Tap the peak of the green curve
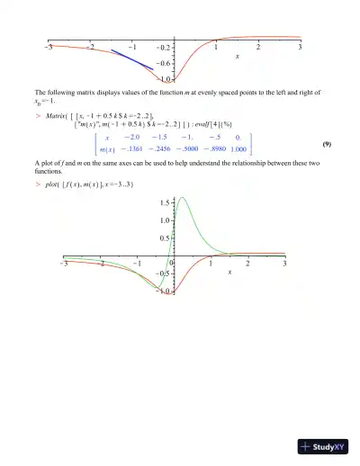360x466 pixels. click(183, 198)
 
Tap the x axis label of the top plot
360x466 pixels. click(238, 57)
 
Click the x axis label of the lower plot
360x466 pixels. click(229, 271)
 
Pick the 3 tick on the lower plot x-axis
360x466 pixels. click(284, 264)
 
